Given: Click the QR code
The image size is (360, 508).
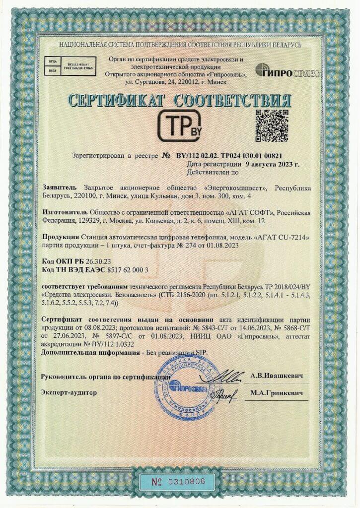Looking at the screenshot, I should coord(272,126).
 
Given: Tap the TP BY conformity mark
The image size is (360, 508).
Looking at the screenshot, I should coord(180,127).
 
